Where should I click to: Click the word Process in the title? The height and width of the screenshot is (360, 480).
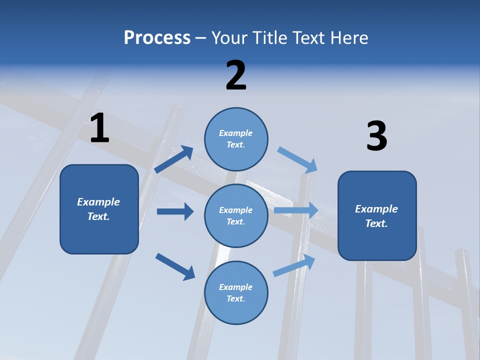(157, 37)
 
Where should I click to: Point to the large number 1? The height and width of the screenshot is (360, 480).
(99, 128)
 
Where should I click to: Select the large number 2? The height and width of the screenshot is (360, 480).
(236, 75)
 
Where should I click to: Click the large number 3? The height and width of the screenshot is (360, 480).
(376, 136)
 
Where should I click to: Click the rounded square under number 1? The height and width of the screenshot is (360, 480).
(99, 209)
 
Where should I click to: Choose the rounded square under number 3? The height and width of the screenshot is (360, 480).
(377, 216)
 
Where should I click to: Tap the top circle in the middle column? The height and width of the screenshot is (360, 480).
(236, 139)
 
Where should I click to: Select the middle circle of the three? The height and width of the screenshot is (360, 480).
(236, 215)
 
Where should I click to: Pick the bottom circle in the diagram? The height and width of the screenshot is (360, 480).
(236, 292)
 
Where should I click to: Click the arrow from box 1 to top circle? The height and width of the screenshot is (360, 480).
(174, 159)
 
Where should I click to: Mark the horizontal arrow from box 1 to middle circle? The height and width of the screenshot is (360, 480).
(175, 211)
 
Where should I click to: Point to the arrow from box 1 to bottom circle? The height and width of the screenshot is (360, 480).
(175, 266)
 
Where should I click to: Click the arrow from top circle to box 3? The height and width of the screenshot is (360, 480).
(297, 159)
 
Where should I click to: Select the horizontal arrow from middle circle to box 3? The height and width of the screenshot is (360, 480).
(296, 210)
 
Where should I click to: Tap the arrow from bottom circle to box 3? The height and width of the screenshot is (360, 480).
(294, 265)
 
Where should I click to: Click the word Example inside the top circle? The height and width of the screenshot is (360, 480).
(236, 133)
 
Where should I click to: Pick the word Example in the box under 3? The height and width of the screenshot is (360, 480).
(376, 209)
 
